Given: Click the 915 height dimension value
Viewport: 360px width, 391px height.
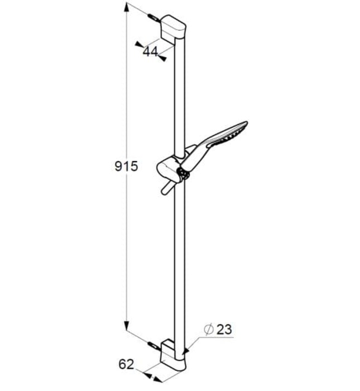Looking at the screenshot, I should click(126, 166).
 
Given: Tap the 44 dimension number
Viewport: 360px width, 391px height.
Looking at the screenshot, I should click(150, 52).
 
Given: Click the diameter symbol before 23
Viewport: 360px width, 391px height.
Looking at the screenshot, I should click(208, 330).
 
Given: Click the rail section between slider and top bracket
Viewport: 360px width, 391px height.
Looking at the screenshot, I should click(180, 95).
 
